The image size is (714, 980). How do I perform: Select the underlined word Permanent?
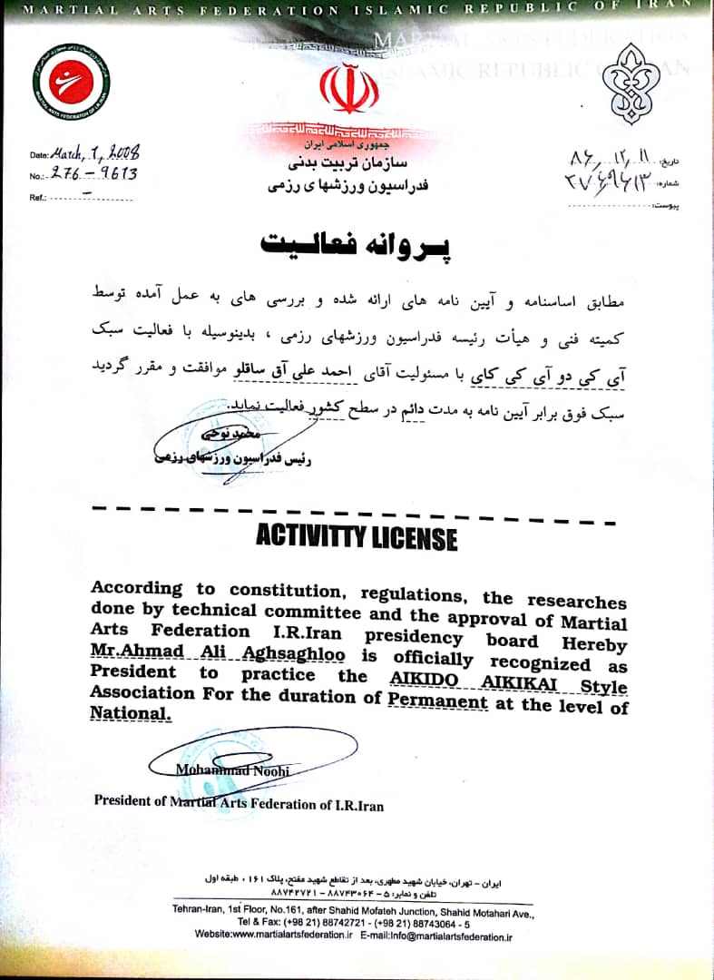pos(437,702)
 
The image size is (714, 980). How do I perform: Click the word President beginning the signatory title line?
pos(129,801)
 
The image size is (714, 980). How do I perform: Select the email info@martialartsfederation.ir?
pos(448,936)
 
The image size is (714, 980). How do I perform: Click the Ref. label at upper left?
pos(37,197)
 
